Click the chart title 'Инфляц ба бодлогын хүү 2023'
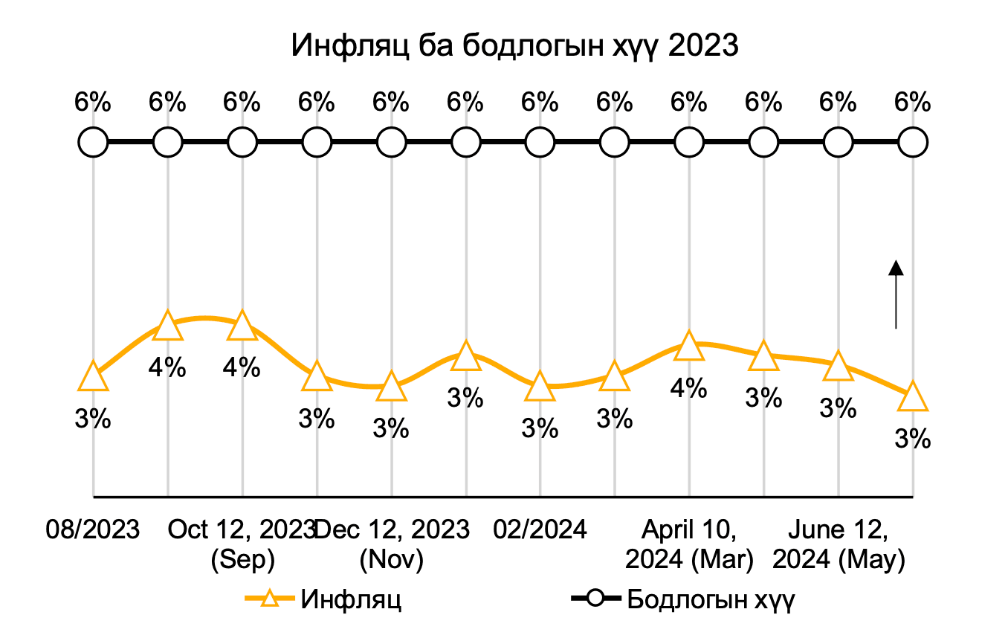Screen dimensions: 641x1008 pyautogui.click(x=514, y=46)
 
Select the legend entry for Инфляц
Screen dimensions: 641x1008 pyautogui.click(x=325, y=599)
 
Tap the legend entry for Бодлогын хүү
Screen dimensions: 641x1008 pyautogui.click(x=682, y=599)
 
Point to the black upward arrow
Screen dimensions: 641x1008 pyautogui.click(x=896, y=294)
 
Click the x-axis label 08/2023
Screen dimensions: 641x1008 pyautogui.click(x=93, y=530)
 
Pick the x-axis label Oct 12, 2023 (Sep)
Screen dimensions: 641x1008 pyautogui.click(x=242, y=544)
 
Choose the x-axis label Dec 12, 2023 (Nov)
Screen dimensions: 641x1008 pyautogui.click(x=392, y=544)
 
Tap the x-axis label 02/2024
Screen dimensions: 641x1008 pyautogui.click(x=540, y=530)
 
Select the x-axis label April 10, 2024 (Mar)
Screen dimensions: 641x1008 pyautogui.click(x=689, y=544)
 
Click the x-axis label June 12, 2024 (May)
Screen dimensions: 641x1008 pyautogui.click(x=839, y=544)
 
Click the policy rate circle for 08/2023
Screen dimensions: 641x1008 pyautogui.click(x=94, y=141)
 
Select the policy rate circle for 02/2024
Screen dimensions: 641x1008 pyautogui.click(x=540, y=141)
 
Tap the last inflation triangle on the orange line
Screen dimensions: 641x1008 pyautogui.click(x=913, y=397)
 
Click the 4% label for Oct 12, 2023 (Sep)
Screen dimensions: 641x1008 pyautogui.click(x=242, y=367)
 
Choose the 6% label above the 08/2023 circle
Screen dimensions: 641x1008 pyautogui.click(x=94, y=102)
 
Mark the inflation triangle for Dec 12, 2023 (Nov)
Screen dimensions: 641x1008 pyautogui.click(x=392, y=387)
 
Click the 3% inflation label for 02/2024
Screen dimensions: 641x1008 pyautogui.click(x=540, y=428)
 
